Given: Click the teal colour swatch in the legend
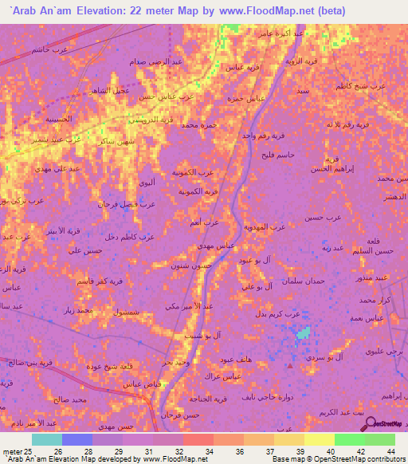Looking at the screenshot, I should tap(47, 439).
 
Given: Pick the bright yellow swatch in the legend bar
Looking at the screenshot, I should tap(319, 439).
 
